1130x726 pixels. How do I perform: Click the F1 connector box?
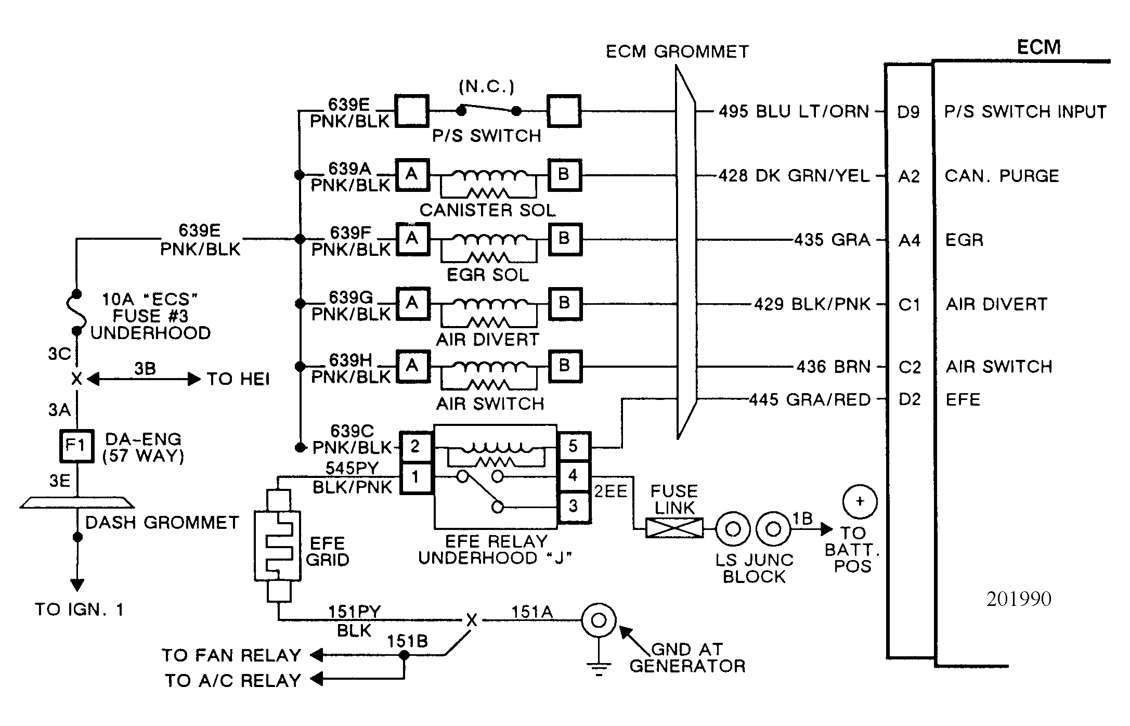click(x=76, y=446)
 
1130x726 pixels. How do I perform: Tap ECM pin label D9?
click(x=908, y=112)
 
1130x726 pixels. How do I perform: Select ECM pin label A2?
click(x=909, y=176)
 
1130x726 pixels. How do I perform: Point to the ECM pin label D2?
click(x=910, y=399)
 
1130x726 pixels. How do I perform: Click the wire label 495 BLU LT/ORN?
click(x=794, y=111)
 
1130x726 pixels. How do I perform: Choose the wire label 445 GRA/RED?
click(x=810, y=399)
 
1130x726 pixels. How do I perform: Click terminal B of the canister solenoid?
click(x=564, y=174)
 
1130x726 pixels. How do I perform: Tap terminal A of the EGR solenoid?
click(x=412, y=239)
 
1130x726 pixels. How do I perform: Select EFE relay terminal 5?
click(x=573, y=446)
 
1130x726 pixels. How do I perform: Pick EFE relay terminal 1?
click(x=415, y=477)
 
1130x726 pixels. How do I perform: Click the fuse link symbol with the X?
click(x=674, y=528)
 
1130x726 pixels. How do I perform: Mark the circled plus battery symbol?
click(x=860, y=502)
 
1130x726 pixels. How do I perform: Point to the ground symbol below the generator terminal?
click(x=599, y=668)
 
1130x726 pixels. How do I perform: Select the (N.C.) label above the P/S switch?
click(x=486, y=86)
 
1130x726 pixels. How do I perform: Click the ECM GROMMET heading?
click(x=677, y=51)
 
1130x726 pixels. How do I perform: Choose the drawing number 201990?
click(x=1019, y=599)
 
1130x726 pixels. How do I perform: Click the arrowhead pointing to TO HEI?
click(x=194, y=379)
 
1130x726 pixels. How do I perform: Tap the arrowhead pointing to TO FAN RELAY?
click(x=317, y=655)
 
